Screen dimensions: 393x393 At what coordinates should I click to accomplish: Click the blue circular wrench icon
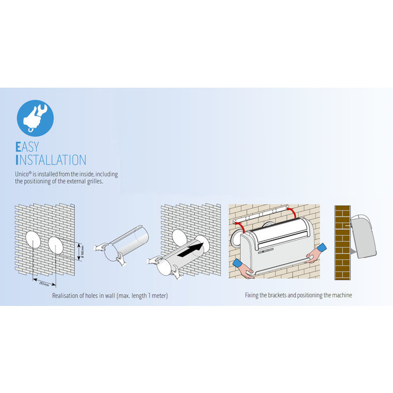tap(36, 117)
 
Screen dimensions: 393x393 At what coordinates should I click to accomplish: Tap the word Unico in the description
tap(24, 174)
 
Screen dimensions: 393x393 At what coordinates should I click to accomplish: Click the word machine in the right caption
tap(341, 296)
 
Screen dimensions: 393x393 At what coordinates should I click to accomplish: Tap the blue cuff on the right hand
tap(318, 250)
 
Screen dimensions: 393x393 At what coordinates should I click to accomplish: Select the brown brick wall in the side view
tap(342, 242)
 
